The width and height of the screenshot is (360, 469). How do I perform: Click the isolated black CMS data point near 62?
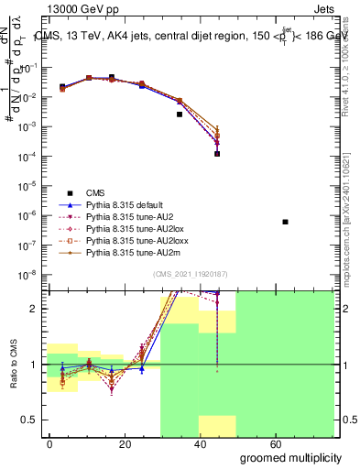(x=286, y=222)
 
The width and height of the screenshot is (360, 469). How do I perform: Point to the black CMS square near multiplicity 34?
(x=180, y=115)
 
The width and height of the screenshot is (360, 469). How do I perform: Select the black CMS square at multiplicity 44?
(x=217, y=154)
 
